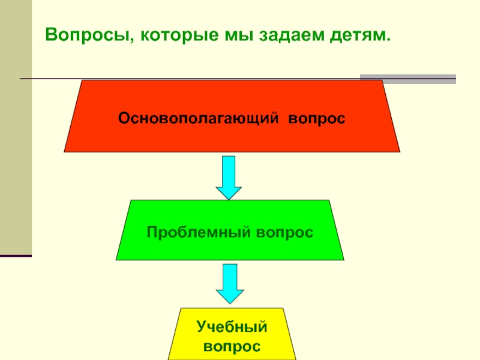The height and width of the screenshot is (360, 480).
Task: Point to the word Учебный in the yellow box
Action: click(232, 328)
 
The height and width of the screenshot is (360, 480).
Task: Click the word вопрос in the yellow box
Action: click(232, 346)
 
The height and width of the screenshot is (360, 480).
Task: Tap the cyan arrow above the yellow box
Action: click(229, 284)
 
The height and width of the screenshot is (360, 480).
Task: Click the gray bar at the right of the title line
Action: click(408, 79)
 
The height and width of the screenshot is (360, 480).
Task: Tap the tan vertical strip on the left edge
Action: click(16, 120)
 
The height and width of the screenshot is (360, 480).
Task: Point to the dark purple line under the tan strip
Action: click(16, 256)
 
